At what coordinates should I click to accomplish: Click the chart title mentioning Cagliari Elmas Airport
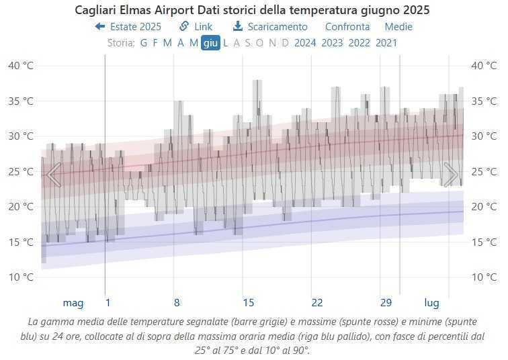252,11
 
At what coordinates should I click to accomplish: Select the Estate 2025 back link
128,27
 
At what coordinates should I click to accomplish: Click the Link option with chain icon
196,27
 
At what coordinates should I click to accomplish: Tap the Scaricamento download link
270,27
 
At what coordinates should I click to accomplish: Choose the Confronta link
347,27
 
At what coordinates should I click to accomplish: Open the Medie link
398,27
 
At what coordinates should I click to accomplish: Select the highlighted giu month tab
210,43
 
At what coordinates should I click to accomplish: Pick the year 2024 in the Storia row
305,43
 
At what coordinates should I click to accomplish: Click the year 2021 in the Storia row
386,43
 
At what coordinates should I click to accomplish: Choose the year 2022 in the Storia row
359,43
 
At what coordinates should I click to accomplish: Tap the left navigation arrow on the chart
54,175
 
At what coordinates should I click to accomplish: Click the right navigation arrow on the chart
451,175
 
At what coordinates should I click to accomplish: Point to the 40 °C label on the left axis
21,66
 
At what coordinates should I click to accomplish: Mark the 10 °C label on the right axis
484,277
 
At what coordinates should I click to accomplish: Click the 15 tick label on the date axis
249,302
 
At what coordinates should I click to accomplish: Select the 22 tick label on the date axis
317,302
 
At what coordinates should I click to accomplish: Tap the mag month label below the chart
73,302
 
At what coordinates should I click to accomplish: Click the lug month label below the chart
431,302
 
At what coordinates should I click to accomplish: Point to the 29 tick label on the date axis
386,302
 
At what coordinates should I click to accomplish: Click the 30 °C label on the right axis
484,136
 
